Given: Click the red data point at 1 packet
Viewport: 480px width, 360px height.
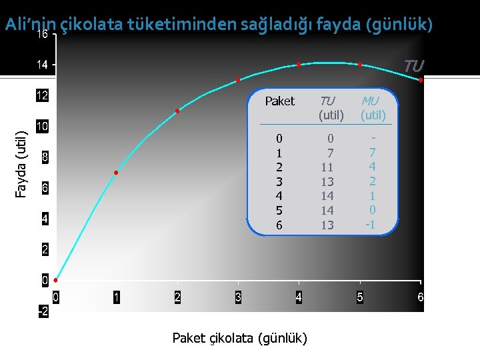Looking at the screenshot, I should click(116, 173).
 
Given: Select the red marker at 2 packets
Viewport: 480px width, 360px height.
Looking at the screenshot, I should click(177, 111).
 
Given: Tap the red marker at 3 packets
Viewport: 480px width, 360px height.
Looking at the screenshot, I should click(238, 80).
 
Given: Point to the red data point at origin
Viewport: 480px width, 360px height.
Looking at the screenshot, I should click(55, 281).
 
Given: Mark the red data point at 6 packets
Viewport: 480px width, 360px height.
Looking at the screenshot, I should click(421, 80).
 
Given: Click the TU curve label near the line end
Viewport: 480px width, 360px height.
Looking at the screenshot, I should click(413, 65).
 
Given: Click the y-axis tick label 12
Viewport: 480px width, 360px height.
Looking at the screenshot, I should click(42, 96).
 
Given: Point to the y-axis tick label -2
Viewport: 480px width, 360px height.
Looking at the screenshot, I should click(43, 312).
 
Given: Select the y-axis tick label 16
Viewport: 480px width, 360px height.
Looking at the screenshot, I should click(42, 35).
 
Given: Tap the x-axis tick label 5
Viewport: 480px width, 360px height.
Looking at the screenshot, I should click(360, 297).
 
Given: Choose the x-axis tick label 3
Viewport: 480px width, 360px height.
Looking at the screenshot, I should click(238, 297).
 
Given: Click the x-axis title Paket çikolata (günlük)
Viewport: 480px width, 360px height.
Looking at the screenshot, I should click(240, 339).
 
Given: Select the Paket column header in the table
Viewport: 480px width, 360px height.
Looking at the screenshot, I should click(279, 101).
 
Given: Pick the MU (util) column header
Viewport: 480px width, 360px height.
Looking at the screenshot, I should click(373, 108).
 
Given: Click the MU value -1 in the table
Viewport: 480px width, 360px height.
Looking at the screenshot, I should click(370, 225).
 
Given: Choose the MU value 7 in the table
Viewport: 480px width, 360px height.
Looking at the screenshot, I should click(373, 153).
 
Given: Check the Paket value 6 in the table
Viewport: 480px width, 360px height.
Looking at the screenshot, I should click(279, 225).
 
